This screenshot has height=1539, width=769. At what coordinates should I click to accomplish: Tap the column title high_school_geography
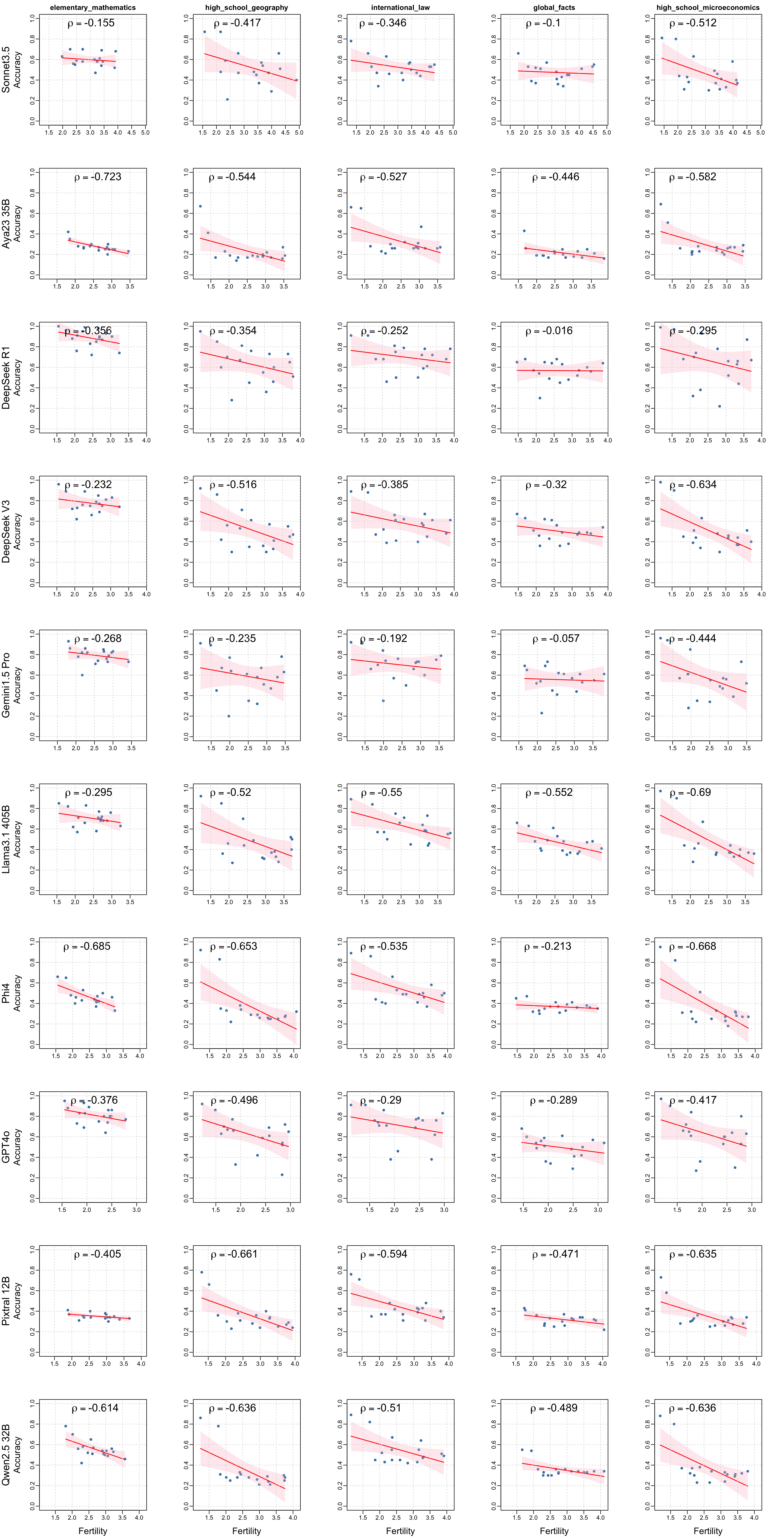247,8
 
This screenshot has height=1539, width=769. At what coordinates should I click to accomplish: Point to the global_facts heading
554,8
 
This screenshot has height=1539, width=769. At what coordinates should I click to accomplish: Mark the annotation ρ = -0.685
87,946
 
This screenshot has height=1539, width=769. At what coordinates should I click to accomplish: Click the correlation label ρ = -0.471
556,1254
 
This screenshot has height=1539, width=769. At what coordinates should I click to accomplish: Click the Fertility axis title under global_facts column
554,1531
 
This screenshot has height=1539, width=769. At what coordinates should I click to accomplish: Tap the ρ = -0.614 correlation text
96,1408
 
